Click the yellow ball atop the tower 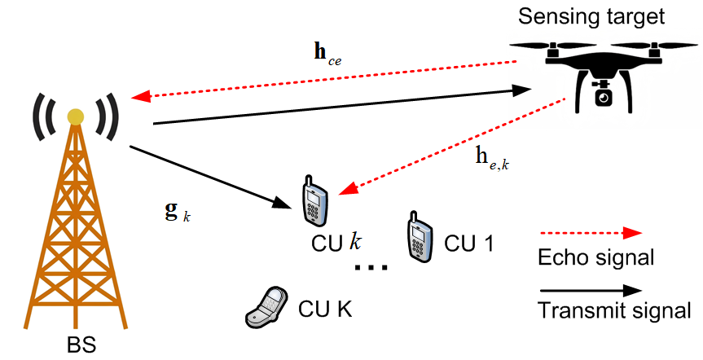(76, 116)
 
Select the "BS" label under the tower (81, 345)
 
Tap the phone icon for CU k (314, 200)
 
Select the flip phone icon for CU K (267, 307)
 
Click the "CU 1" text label (468, 243)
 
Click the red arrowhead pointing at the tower (140, 96)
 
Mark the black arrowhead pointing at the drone (525, 91)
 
